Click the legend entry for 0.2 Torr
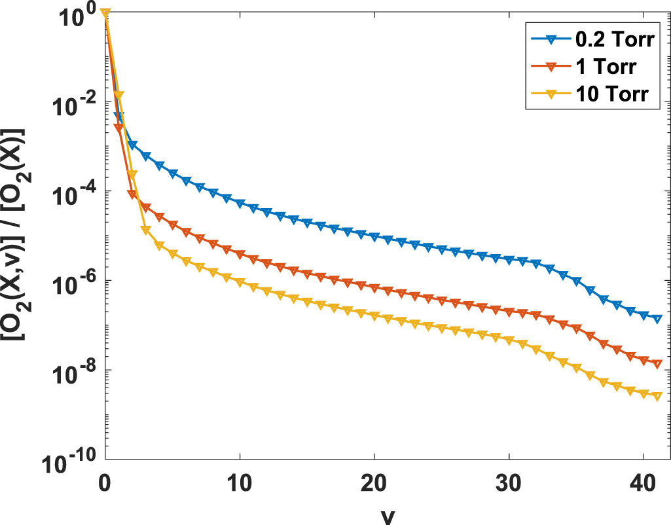coord(618,41)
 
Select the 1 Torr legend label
coord(609,67)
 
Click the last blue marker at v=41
coord(657,319)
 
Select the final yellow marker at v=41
coord(657,396)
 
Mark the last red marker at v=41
coord(657,363)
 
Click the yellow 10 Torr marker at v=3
coord(146,230)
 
